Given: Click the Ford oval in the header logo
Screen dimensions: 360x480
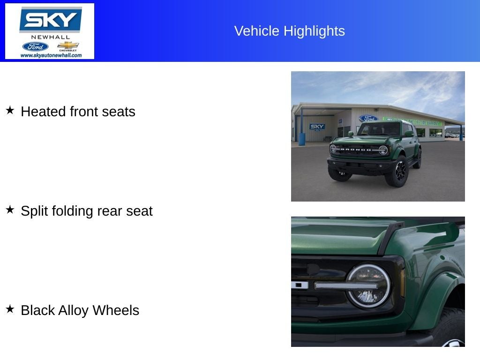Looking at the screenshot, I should (x=35, y=46).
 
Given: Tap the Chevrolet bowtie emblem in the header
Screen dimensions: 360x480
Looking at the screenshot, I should (x=68, y=45).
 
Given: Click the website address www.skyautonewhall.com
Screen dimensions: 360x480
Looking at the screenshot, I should (x=51, y=55).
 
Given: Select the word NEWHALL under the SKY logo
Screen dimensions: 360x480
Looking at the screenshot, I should (x=50, y=37).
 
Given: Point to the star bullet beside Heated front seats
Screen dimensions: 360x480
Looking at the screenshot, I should (x=10, y=111).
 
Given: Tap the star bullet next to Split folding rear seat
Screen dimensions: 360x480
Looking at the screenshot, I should (x=10, y=210).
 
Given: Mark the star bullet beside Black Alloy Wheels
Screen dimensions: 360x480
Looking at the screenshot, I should (x=10, y=309).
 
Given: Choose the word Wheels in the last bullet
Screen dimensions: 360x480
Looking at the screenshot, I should (x=116, y=310).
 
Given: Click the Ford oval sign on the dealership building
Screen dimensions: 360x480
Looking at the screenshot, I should (x=368, y=119).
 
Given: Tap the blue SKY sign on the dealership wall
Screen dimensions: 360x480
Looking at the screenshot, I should (x=317, y=127).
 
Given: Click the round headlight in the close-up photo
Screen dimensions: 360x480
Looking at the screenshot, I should (x=368, y=286).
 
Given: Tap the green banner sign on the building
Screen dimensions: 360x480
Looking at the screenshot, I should (x=412, y=121).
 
